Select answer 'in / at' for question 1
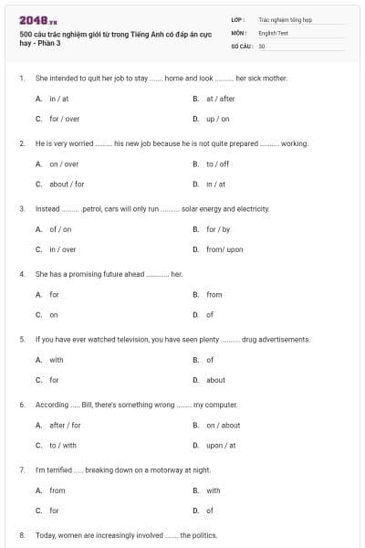(x=58, y=99)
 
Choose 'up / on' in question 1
(x=217, y=119)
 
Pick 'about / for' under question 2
(x=67, y=184)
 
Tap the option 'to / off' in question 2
(x=217, y=163)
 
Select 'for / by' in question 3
(x=217, y=229)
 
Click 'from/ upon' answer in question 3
(x=224, y=249)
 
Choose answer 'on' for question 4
(x=54, y=314)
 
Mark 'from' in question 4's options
(x=214, y=294)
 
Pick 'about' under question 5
(x=215, y=380)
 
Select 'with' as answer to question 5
(x=57, y=360)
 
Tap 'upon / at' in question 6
(x=221, y=445)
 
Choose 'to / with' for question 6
(x=63, y=445)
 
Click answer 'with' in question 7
(x=213, y=490)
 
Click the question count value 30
(x=262, y=45)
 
